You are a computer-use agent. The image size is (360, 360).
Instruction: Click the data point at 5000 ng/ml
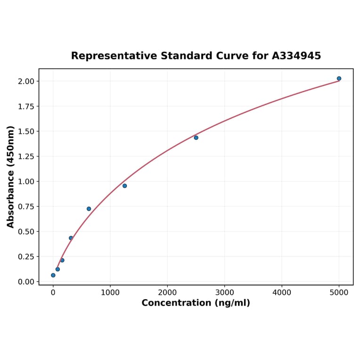339,79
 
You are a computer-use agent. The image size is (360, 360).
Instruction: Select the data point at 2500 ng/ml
196,138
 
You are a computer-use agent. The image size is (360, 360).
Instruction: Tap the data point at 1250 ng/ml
124,186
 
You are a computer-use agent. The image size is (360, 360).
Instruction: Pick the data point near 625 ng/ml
89,209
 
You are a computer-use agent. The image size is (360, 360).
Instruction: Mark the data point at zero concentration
53,275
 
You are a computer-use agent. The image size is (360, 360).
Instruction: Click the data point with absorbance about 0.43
71,238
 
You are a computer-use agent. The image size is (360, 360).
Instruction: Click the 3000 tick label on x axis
224,292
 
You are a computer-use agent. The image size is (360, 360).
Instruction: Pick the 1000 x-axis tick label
110,292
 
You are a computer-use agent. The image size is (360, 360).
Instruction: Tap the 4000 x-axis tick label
282,292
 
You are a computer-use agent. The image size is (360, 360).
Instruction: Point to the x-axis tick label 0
53,292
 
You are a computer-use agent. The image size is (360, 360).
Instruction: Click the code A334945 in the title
296,56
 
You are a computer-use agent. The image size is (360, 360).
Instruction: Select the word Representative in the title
114,56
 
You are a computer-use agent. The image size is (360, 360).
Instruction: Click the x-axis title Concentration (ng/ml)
196,303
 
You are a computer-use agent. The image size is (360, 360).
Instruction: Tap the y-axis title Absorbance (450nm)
11,177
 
